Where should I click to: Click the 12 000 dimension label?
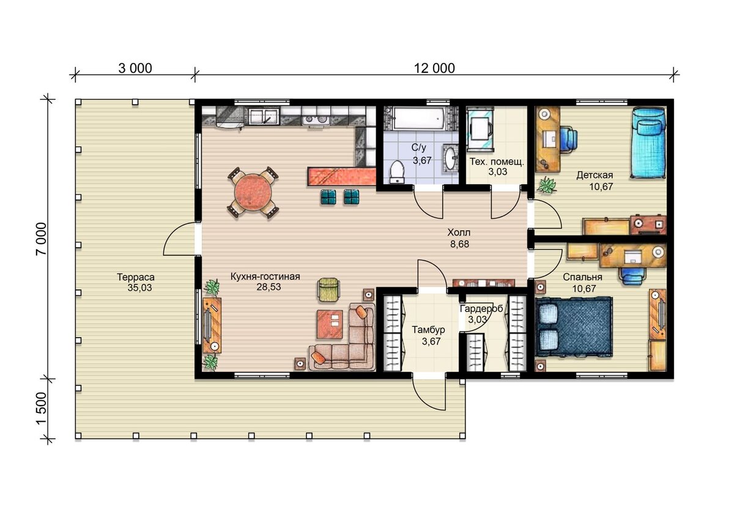click(434, 69)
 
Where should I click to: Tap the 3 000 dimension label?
click(135, 69)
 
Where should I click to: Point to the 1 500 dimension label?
click(42, 408)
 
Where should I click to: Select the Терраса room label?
click(136, 277)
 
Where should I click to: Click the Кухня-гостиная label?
click(265, 276)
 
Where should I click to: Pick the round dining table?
click(253, 193)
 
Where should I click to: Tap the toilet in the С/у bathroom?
click(397, 171)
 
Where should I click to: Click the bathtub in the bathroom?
click(419, 118)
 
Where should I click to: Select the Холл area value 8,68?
click(459, 244)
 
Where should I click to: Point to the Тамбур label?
click(428, 329)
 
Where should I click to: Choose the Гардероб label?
click(481, 309)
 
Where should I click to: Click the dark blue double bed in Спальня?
click(574, 326)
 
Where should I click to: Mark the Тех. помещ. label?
click(497, 162)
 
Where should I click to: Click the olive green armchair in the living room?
click(328, 289)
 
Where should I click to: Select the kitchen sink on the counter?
click(264, 116)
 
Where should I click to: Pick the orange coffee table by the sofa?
click(330, 324)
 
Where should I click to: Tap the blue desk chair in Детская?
click(568, 140)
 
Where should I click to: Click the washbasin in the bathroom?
click(451, 158)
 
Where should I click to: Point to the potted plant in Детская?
click(546, 185)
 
